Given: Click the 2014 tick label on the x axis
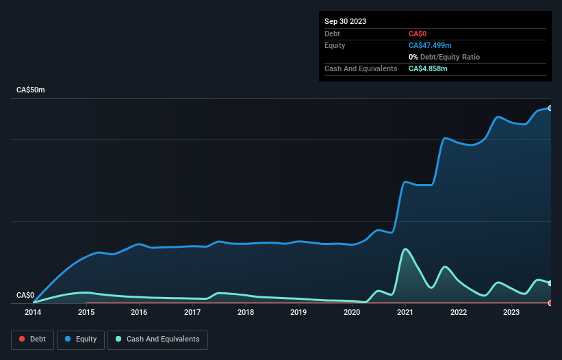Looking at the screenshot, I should coord(33,312).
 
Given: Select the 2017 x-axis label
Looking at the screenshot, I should coord(192,312).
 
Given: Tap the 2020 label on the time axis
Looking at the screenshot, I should coord(352,312).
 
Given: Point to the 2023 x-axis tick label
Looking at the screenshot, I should coord(511,312).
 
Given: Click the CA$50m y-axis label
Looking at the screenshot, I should coord(30,90).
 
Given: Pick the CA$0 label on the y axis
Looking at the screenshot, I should coord(25,296).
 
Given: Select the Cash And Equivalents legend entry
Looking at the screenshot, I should coord(157,339).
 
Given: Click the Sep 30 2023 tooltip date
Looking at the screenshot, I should coord(345,21).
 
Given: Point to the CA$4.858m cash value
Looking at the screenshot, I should coord(428,68).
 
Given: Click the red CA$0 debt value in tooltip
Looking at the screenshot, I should coord(418,34).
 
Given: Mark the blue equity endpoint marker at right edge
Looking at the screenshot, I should coord(550,108).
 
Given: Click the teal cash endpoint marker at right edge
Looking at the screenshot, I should coord(550,283).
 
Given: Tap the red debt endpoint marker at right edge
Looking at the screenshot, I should coord(550,303).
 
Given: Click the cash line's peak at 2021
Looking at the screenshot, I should coord(405,249).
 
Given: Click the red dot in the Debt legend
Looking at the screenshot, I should coord(23,339).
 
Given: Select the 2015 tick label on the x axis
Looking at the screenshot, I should coord(86,312).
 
